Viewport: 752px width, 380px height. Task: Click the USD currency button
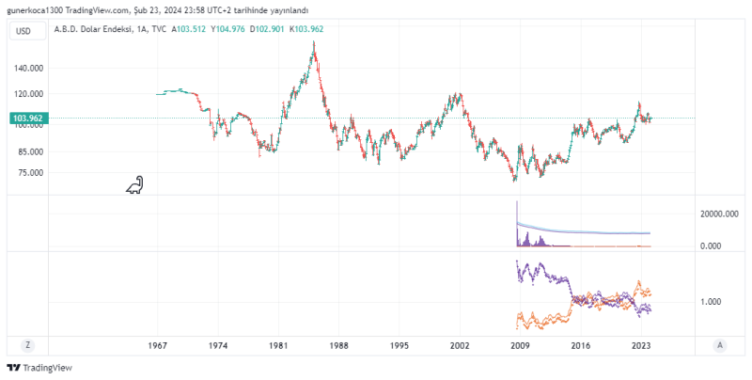click(24, 31)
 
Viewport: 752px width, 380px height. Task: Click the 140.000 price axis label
click(28, 69)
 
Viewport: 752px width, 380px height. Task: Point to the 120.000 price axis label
click(28, 94)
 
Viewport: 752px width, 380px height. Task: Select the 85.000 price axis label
click(30, 151)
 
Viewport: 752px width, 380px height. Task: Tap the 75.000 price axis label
click(30, 173)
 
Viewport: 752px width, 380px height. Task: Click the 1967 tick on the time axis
click(158, 346)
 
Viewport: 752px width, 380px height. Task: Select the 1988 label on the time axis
click(338, 346)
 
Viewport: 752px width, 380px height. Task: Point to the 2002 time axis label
click(460, 346)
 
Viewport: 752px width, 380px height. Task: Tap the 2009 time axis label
click(520, 346)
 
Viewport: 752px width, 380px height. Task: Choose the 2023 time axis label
click(641, 346)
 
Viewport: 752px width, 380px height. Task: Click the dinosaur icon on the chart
click(135, 186)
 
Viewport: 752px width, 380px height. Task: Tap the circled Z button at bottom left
click(28, 345)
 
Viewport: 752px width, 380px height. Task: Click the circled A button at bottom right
click(719, 345)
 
